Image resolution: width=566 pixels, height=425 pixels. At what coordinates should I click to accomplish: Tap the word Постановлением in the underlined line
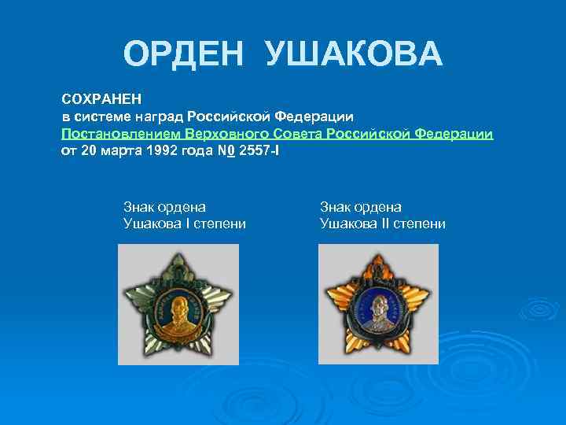tap(121, 134)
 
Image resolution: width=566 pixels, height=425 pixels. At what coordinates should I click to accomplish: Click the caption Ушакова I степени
tap(185, 224)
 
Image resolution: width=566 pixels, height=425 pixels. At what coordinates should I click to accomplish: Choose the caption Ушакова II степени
tap(383, 224)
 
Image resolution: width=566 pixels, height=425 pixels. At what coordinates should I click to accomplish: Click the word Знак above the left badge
tap(139, 207)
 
